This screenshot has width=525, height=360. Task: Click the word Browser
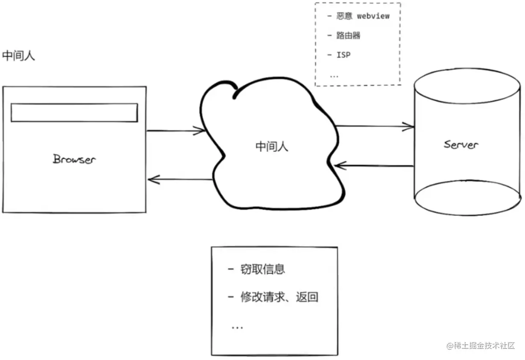(74, 159)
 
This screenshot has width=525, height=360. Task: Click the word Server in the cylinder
(461, 144)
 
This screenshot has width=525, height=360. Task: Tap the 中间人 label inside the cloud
(272, 146)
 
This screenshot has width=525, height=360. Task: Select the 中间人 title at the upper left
(18, 56)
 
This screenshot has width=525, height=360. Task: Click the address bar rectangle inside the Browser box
(74, 112)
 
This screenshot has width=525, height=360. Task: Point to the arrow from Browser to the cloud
(176, 131)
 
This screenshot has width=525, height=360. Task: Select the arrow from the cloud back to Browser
(180, 179)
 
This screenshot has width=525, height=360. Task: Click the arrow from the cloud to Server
(375, 126)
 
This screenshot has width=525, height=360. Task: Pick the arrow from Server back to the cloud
(374, 166)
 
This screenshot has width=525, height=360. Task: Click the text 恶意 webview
(363, 16)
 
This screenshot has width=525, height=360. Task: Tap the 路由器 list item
(348, 35)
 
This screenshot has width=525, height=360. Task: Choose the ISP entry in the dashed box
(343, 55)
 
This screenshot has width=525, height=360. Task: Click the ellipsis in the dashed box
(334, 76)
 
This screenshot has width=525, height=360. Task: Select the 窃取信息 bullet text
(262, 269)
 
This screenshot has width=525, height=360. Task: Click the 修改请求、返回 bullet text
(279, 297)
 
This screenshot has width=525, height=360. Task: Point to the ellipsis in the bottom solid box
(237, 328)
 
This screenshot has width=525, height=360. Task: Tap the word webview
(373, 16)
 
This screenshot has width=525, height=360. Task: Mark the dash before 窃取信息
(231, 269)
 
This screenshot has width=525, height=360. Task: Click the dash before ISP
(329, 55)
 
